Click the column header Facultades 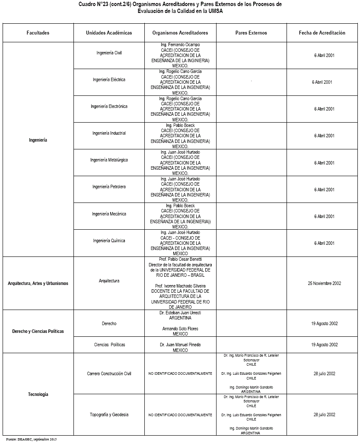pos(38,33)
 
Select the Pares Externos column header pos(251,33)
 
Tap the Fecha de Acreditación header pos(322,33)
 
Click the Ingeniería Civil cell pos(109,53)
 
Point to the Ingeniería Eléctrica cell pos(109,80)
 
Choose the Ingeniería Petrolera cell pos(109,187)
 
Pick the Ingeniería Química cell pos(109,241)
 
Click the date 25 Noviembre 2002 pos(324,283)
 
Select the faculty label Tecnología pos(38,394)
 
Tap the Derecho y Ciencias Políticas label pos(38,331)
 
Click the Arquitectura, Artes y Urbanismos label pos(38,283)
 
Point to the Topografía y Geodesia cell pos(109,415)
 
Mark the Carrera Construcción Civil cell pos(109,373)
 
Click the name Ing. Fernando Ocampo pos(180,45)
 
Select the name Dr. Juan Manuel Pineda pos(180,345)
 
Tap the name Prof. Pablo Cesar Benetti pos(180,259)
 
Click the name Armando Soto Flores pos(180,329)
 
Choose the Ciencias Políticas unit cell pos(109,345)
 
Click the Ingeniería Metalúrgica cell pos(109,160)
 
